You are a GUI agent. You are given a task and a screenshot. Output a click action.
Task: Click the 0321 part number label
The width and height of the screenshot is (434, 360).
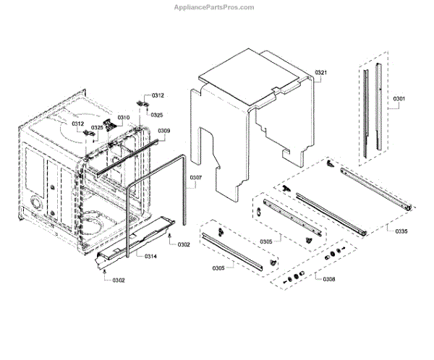click(321, 73)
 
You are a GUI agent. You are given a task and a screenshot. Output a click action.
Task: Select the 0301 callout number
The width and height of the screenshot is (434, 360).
click(399, 98)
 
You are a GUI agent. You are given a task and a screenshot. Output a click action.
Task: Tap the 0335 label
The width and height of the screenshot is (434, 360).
click(401, 231)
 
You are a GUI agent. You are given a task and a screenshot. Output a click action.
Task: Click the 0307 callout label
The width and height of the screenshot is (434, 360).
click(196, 177)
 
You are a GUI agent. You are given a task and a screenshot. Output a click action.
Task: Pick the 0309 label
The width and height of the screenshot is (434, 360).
click(164, 131)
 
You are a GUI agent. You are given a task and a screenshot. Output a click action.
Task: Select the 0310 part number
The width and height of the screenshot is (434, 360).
click(124, 117)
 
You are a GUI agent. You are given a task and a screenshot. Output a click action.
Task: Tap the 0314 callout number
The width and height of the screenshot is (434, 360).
click(150, 257)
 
